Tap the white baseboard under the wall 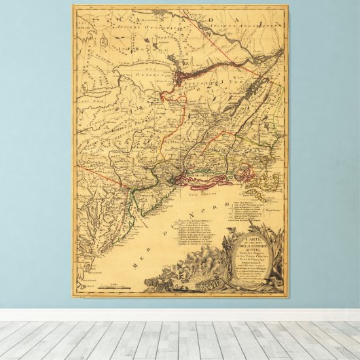point(180,315)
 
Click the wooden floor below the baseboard point(180,340)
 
